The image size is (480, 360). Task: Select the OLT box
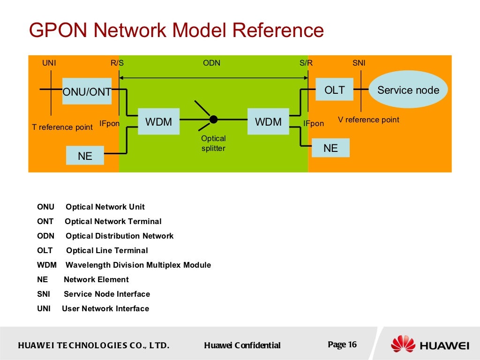tap(334, 90)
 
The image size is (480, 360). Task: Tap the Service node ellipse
tap(408, 90)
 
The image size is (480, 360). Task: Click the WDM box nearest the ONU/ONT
tap(158, 122)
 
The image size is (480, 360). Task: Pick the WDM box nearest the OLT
tap(268, 122)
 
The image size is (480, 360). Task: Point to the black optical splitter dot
tap(213, 120)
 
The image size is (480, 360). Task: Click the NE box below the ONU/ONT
tap(85, 156)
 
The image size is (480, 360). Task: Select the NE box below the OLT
tap(330, 148)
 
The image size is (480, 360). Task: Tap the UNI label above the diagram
tap(49, 63)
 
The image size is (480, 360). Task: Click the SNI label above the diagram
tap(359, 63)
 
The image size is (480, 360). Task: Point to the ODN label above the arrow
tap(211, 63)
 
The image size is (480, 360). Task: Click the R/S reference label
tap(117, 63)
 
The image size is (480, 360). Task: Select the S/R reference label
tap(306, 63)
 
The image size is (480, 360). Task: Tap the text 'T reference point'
tap(62, 127)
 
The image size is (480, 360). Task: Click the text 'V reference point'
tap(368, 120)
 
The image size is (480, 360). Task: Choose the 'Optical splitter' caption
tap(213, 143)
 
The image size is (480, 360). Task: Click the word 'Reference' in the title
tap(278, 31)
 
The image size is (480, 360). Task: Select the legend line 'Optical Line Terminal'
tap(107, 250)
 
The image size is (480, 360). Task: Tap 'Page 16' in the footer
tap(342, 345)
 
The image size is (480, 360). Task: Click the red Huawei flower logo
tap(403, 344)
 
